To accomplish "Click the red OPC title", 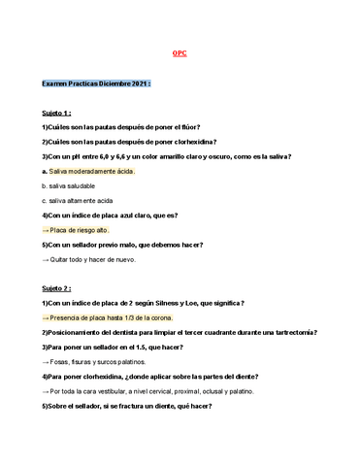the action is click(180, 53).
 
